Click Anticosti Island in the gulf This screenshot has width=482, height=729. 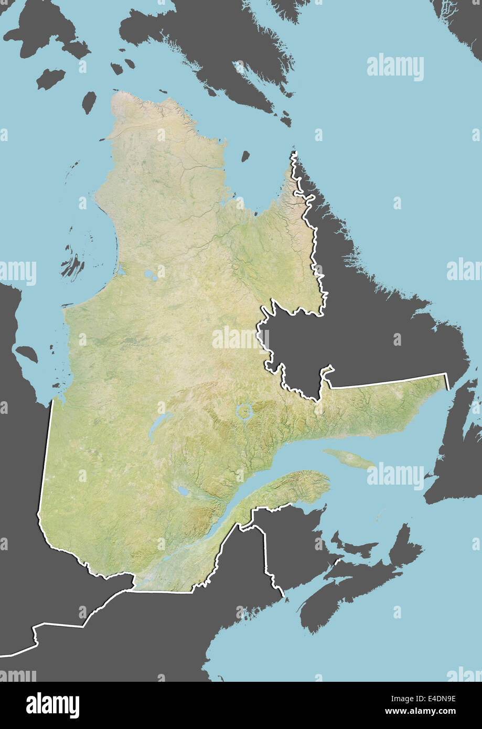click(x=348, y=458)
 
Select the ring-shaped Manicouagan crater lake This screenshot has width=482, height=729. click(x=244, y=411)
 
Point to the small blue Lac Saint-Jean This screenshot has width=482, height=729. click(x=183, y=491)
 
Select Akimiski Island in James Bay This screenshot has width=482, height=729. click(x=26, y=354)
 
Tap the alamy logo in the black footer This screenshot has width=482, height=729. click(x=52, y=705)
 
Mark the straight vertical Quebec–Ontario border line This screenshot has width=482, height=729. click(x=46, y=456)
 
